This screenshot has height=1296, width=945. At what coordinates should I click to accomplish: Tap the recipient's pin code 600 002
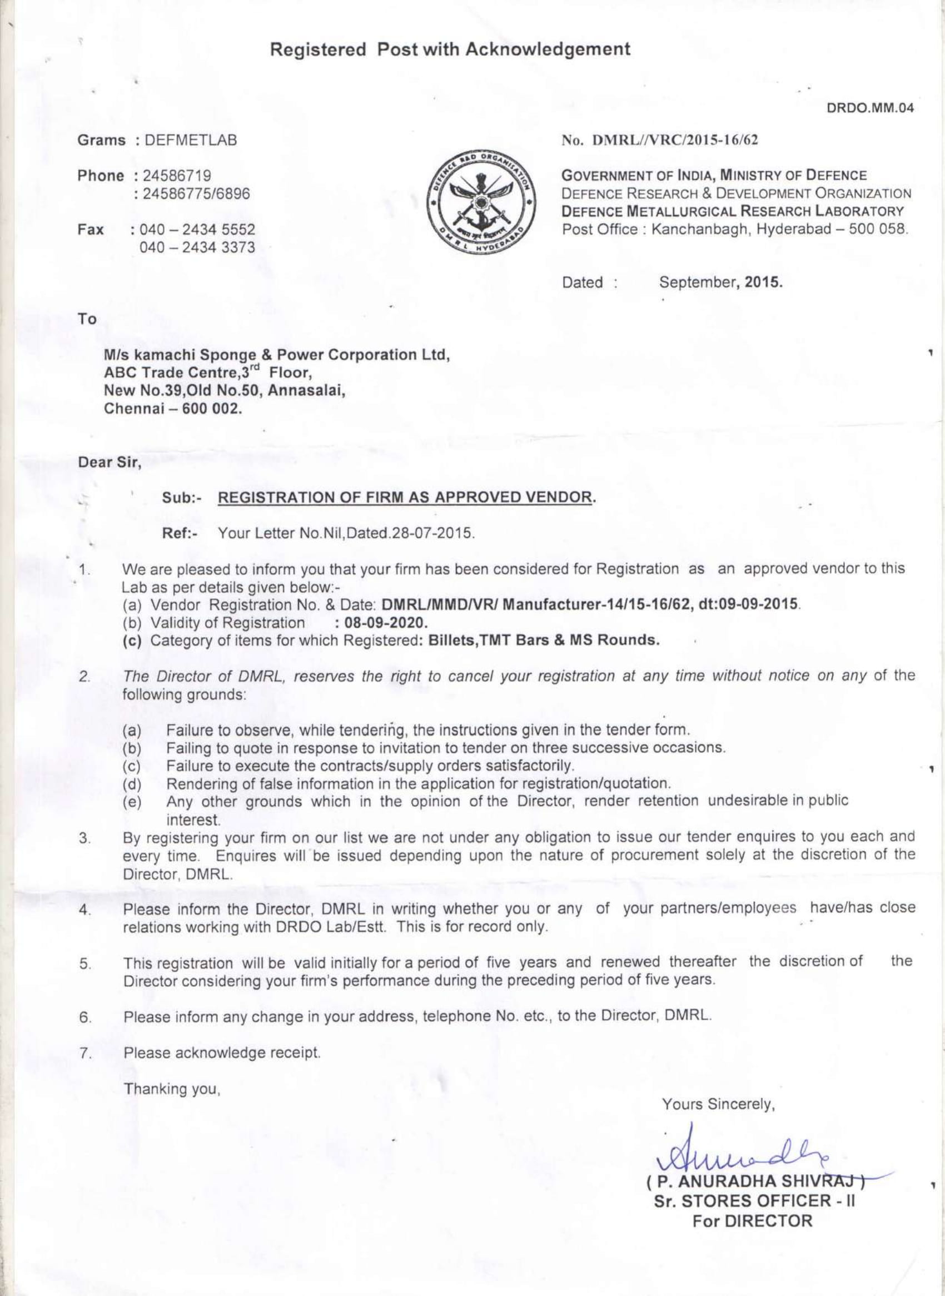[x=210, y=410]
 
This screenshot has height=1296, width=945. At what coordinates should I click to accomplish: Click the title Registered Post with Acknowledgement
[x=451, y=50]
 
